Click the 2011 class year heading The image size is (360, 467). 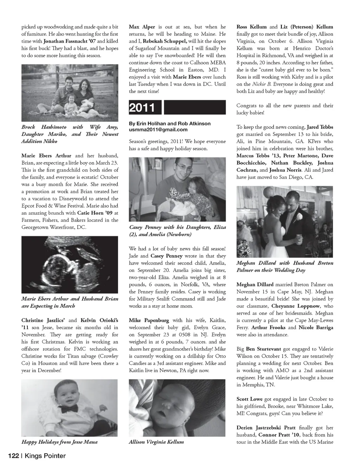[x=142, y=108]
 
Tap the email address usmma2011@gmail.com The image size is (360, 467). [x=158, y=130]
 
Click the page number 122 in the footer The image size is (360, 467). [x=13, y=456]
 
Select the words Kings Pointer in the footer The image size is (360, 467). [x=45, y=456]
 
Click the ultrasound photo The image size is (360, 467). [x=70, y=264]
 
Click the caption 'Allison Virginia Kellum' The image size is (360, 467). [x=156, y=442]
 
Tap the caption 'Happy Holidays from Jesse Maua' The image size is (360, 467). [x=59, y=442]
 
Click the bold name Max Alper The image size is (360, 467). [x=142, y=27]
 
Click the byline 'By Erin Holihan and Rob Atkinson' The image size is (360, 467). [x=169, y=124]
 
